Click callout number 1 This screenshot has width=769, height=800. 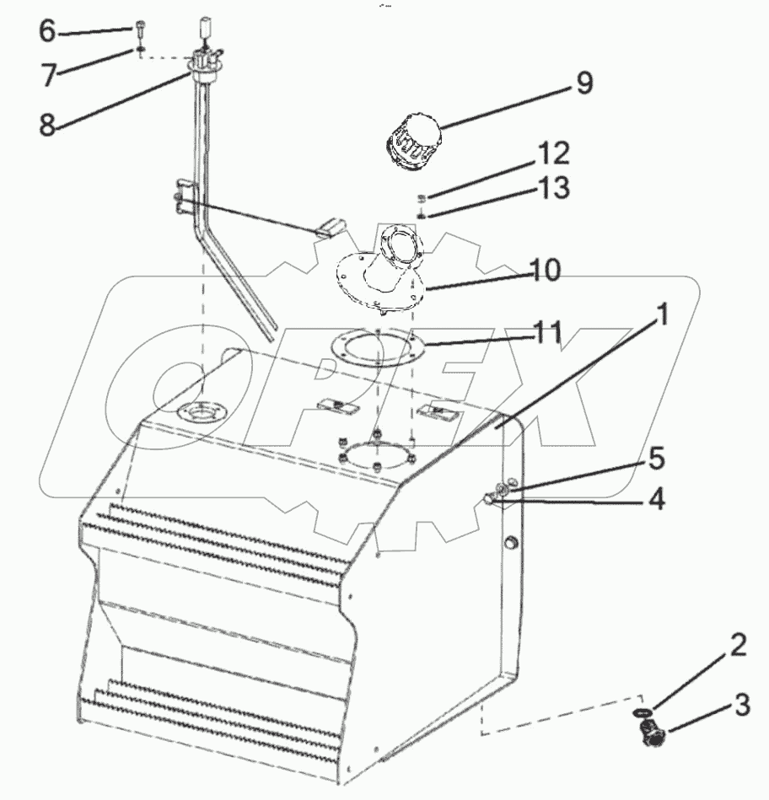point(663,317)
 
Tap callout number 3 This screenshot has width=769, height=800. point(742,705)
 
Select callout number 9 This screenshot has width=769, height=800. point(584,83)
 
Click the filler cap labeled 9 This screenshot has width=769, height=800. point(410,145)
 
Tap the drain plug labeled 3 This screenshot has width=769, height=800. point(652,736)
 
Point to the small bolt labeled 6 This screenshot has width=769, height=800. point(138,30)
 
